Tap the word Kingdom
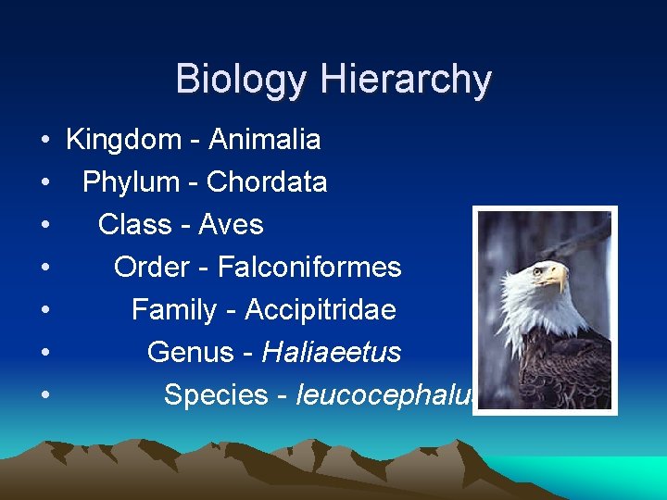point(124,140)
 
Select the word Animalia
point(265,140)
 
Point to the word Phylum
point(132,182)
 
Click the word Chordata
point(267,182)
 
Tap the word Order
point(151,268)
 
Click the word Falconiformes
point(309,268)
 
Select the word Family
point(176,310)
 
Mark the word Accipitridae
point(321,310)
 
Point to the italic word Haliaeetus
point(332,353)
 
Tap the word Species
point(217,395)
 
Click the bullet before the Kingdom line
point(44,141)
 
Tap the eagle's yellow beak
point(557,277)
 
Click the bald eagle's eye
point(538,271)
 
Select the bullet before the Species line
point(44,396)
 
